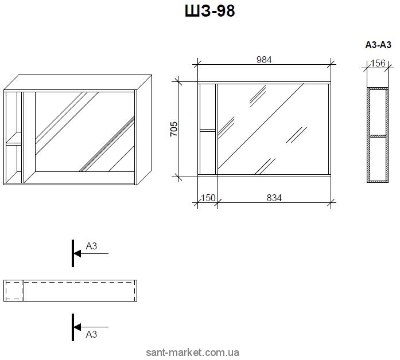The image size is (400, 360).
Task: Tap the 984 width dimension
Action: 263,59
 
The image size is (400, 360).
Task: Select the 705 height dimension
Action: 174,129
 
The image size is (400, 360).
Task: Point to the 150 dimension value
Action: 208,198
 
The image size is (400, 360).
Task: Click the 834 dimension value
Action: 274,198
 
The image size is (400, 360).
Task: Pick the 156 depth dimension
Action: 378,63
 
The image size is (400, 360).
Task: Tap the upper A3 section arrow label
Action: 91,246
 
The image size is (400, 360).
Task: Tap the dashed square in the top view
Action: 13,291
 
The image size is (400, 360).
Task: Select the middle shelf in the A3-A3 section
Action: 378,136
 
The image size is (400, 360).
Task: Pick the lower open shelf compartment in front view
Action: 207,152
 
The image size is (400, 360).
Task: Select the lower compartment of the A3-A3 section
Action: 378,158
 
